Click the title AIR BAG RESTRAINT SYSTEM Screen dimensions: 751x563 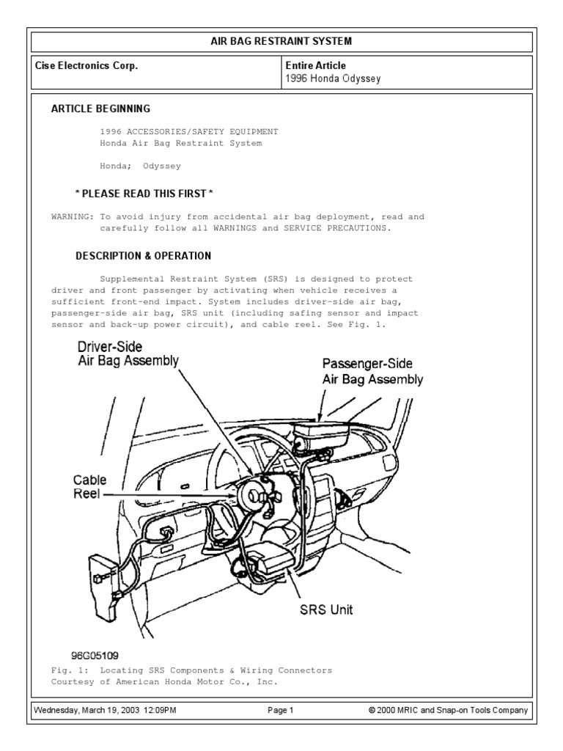[x=281, y=40]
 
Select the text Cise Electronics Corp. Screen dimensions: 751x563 [x=87, y=66]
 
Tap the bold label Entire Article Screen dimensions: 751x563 [x=315, y=66]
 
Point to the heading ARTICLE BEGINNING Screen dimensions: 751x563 [x=100, y=109]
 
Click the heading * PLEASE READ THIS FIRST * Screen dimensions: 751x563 [x=144, y=194]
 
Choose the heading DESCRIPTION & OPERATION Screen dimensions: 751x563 [x=144, y=256]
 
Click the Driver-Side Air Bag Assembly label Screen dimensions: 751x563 [x=128, y=353]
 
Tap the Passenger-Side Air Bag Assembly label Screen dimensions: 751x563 [x=372, y=372]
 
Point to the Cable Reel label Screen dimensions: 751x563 [x=89, y=487]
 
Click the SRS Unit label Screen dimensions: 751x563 [x=325, y=609]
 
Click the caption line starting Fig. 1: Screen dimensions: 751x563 [x=191, y=670]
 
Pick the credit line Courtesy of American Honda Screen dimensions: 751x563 [x=165, y=682]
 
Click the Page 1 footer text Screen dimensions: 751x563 [x=281, y=711]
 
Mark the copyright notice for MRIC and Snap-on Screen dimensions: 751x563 [x=449, y=711]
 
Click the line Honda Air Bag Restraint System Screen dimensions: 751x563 [x=180, y=143]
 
